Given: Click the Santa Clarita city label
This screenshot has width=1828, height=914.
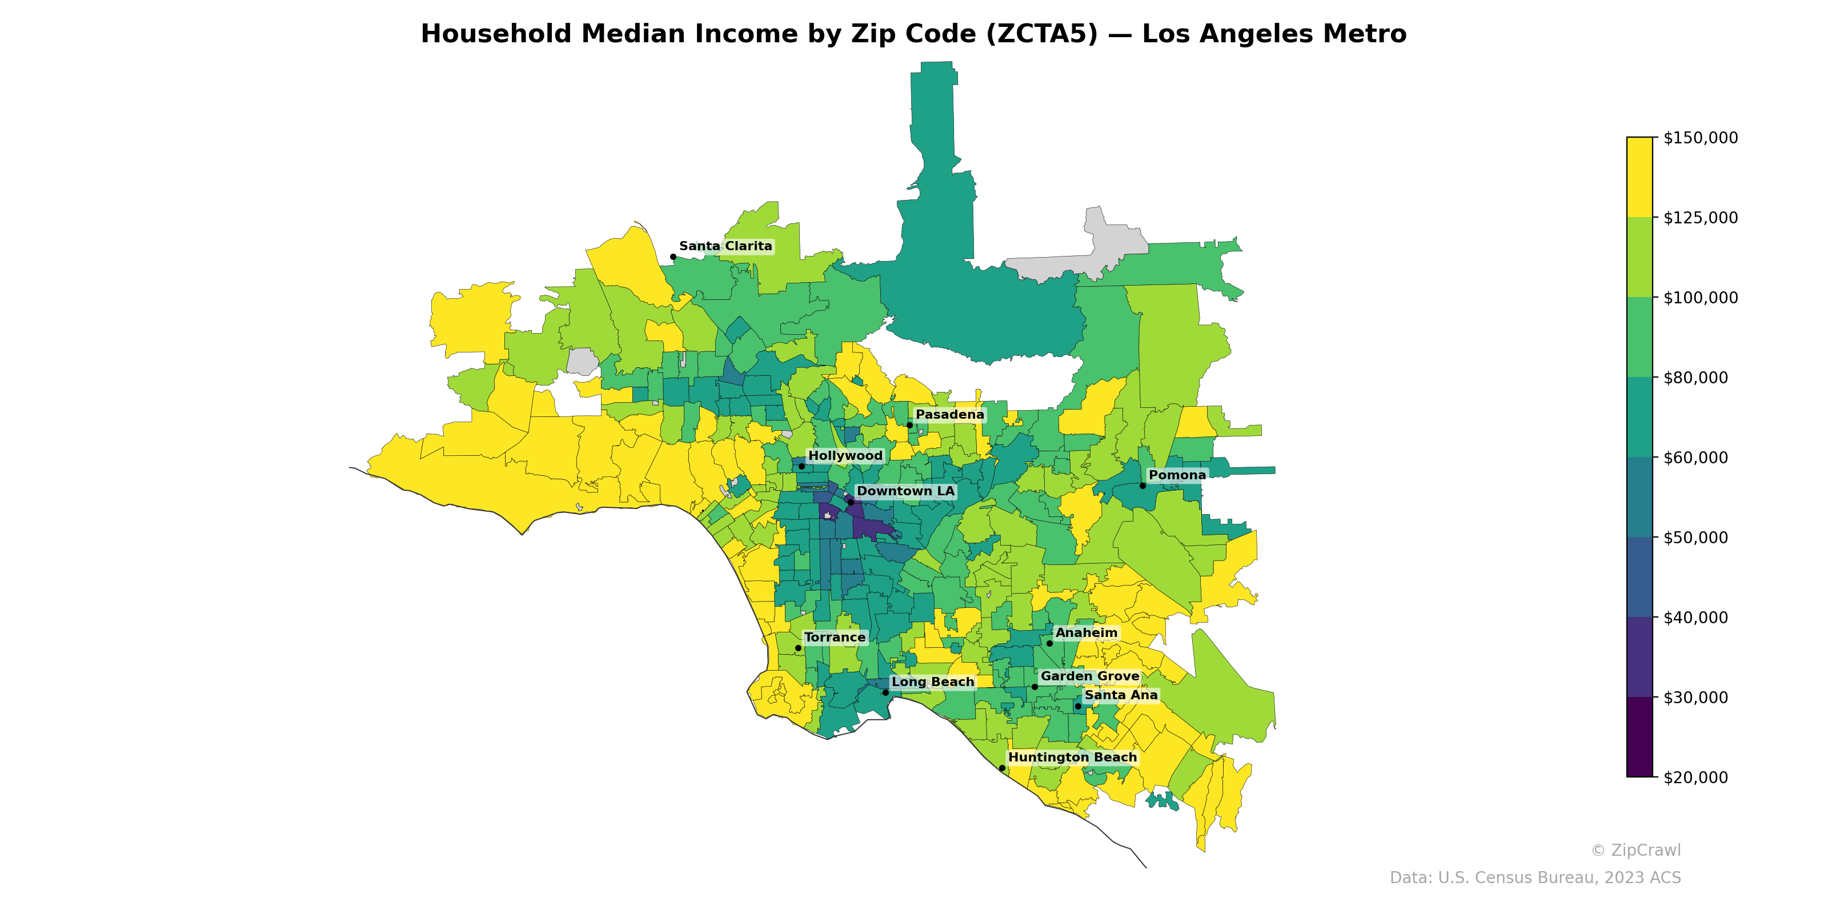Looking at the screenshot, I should click(725, 246).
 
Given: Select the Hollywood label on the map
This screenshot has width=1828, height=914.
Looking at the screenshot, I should click(845, 456).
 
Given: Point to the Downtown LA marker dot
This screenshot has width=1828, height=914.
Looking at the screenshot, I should click(850, 502).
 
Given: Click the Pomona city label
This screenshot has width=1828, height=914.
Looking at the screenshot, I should click(1177, 475).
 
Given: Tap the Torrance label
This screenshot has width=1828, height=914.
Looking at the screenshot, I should click(835, 638).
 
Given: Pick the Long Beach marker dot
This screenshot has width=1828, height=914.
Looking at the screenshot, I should click(885, 692).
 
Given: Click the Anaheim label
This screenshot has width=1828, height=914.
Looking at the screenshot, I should click(1086, 632).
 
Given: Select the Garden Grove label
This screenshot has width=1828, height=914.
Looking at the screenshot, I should click(1089, 676).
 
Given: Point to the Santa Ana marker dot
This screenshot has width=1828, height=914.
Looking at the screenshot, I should click(1078, 706).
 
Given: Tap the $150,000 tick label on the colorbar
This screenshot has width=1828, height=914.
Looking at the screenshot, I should click(1700, 138).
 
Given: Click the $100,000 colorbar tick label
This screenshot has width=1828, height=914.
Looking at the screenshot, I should click(1700, 297).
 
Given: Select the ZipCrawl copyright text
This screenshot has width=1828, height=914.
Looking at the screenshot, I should click(1635, 850).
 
